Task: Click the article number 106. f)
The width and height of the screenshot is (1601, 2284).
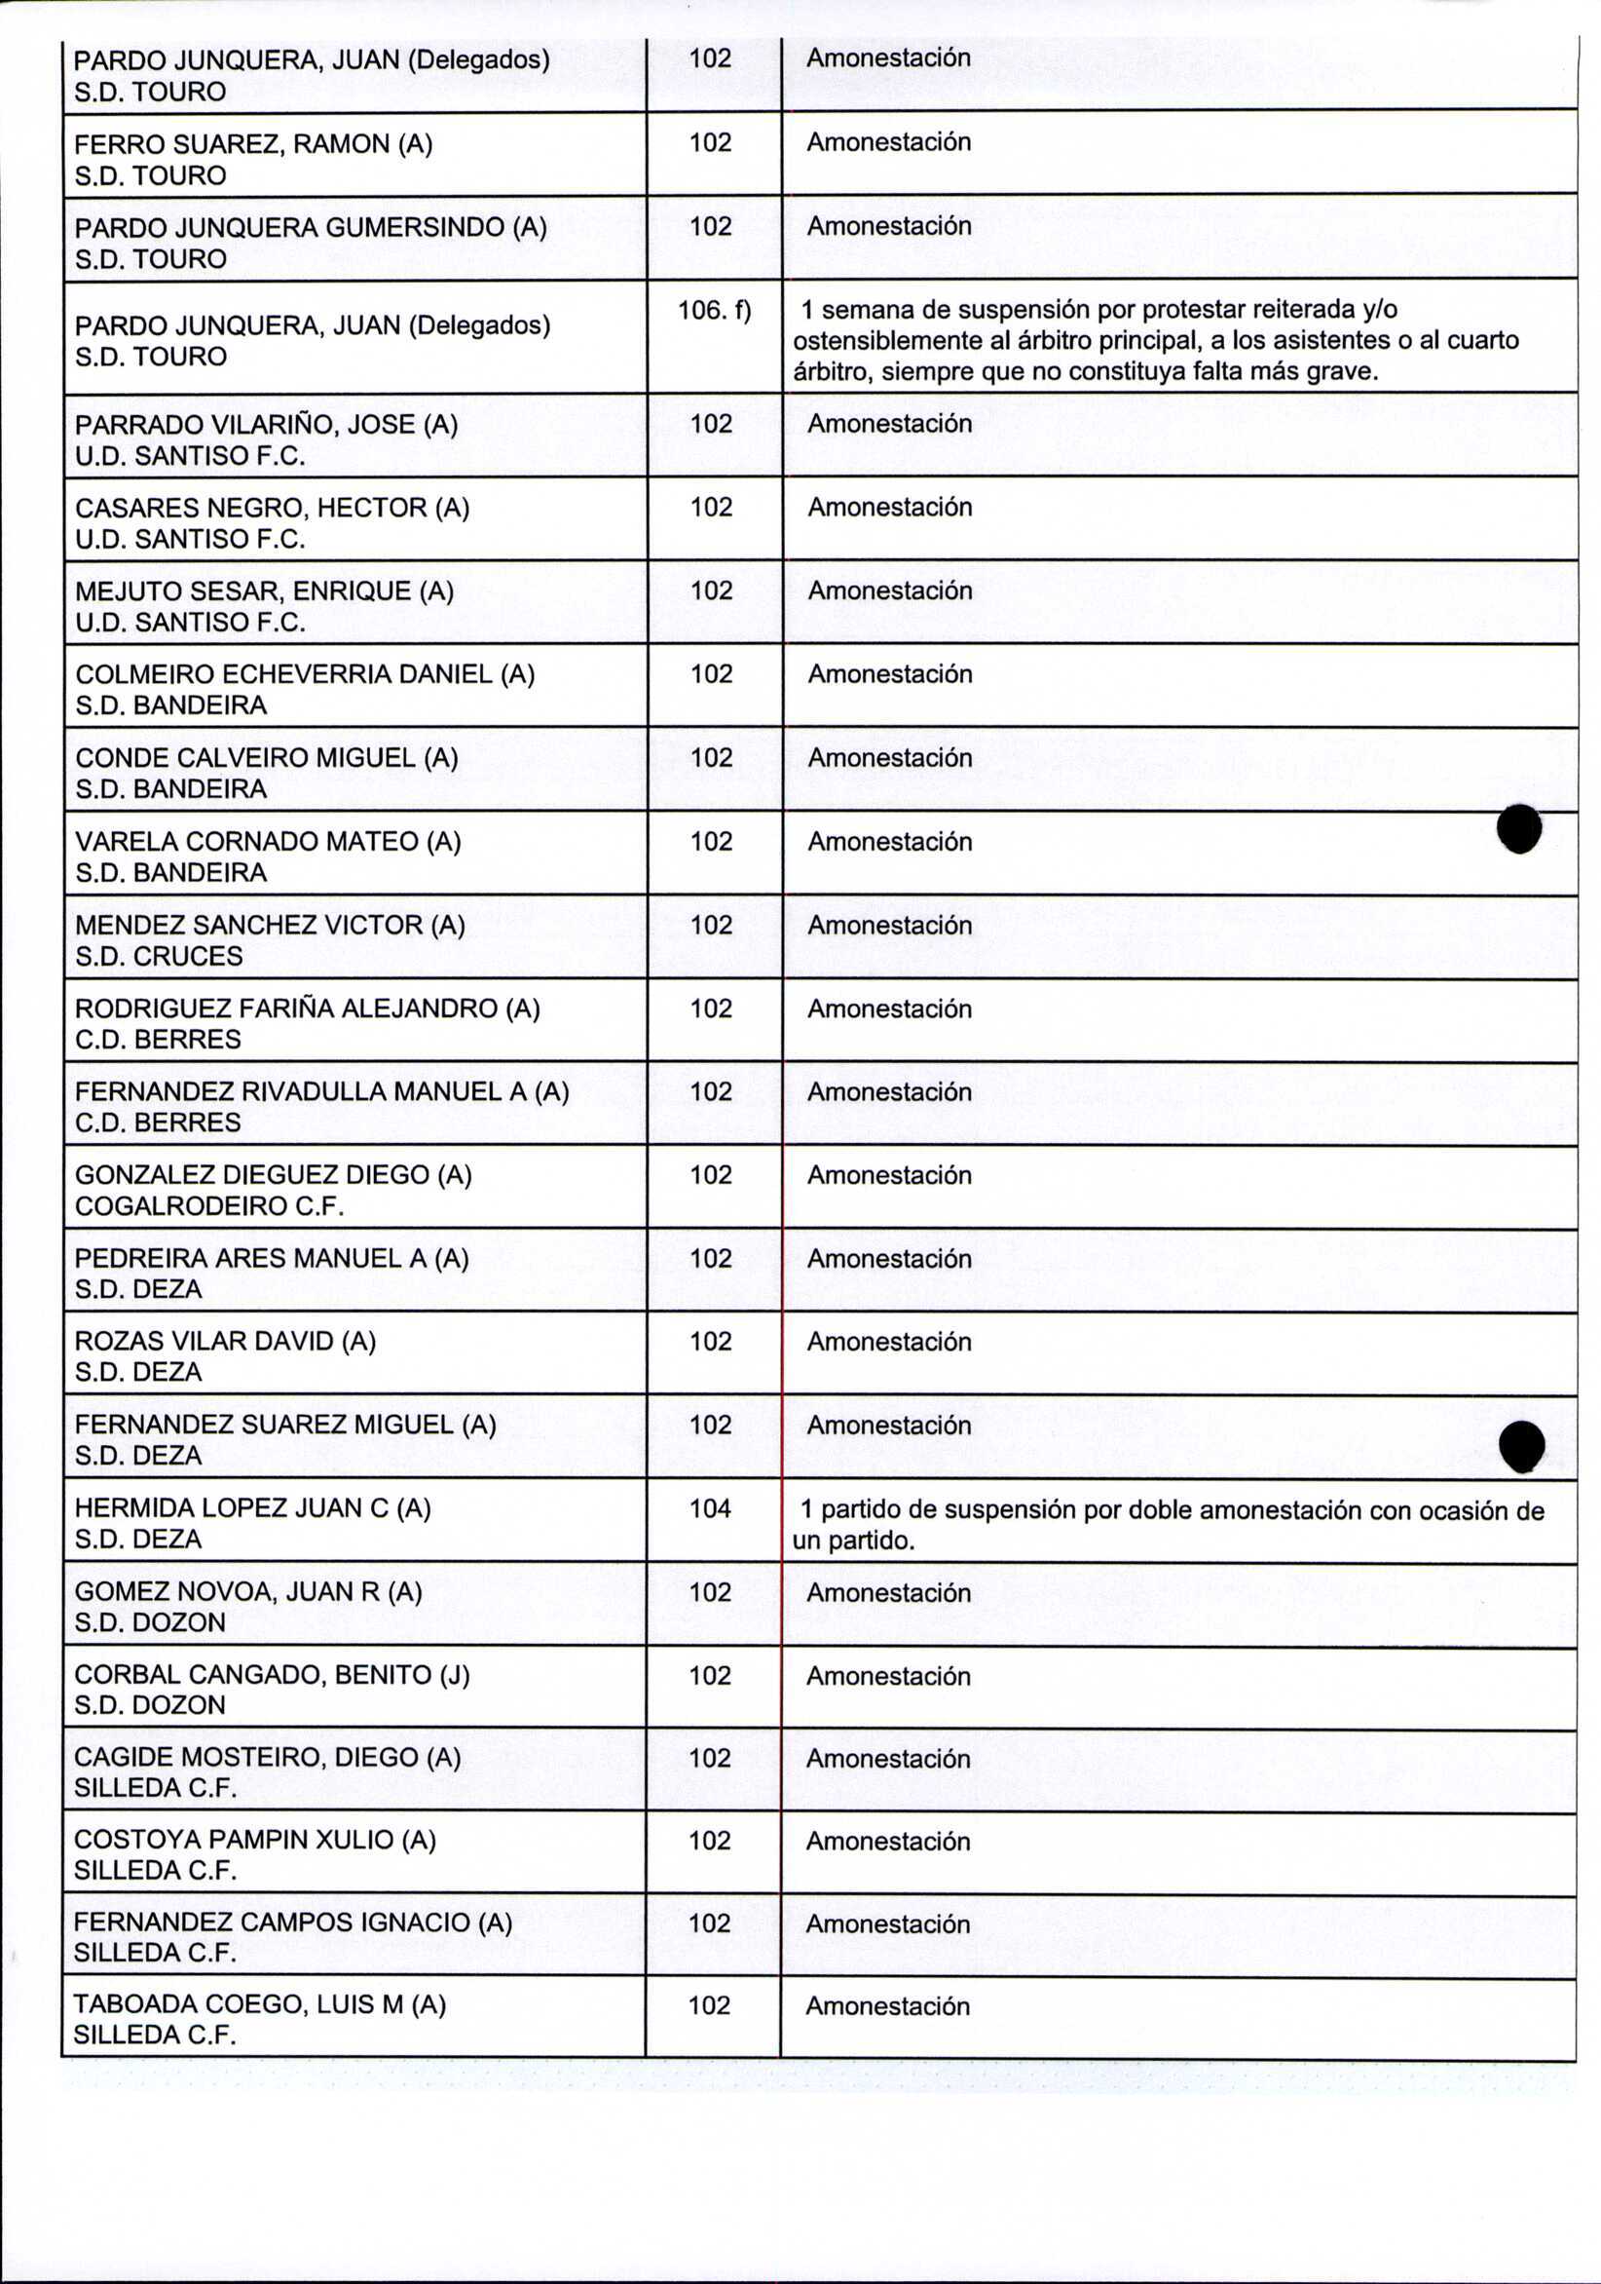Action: click(x=713, y=311)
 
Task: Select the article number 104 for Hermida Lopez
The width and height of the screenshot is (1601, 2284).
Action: click(x=710, y=1508)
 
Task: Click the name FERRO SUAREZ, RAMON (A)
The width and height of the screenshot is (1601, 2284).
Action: click(x=253, y=144)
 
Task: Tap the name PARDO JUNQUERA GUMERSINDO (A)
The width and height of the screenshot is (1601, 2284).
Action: click(x=311, y=228)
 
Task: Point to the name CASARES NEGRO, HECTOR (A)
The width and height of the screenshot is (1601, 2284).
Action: click(x=273, y=509)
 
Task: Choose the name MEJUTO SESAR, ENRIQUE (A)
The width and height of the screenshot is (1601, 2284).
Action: click(x=265, y=591)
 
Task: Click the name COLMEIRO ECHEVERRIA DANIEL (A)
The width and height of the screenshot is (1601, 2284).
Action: click(x=305, y=674)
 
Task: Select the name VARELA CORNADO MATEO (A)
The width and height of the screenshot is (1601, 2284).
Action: click(x=269, y=842)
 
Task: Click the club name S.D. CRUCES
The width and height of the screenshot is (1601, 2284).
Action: click(x=159, y=956)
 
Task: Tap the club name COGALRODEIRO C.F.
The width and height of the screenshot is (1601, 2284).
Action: click(x=208, y=1205)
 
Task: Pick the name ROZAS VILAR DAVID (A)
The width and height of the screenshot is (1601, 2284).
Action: click(x=225, y=1341)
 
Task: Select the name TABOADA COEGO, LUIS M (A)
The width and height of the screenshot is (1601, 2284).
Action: click(x=260, y=2004)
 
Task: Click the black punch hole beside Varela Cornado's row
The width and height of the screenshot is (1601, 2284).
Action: click(x=1518, y=828)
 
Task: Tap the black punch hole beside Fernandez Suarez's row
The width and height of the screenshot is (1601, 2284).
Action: click(x=1521, y=1444)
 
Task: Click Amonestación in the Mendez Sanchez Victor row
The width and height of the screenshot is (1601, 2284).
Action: click(x=889, y=925)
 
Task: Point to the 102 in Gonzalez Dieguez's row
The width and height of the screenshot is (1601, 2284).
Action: click(x=710, y=1175)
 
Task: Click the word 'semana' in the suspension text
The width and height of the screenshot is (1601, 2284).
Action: click(x=862, y=311)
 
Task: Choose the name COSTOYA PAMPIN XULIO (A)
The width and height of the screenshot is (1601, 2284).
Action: click(x=254, y=1841)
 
